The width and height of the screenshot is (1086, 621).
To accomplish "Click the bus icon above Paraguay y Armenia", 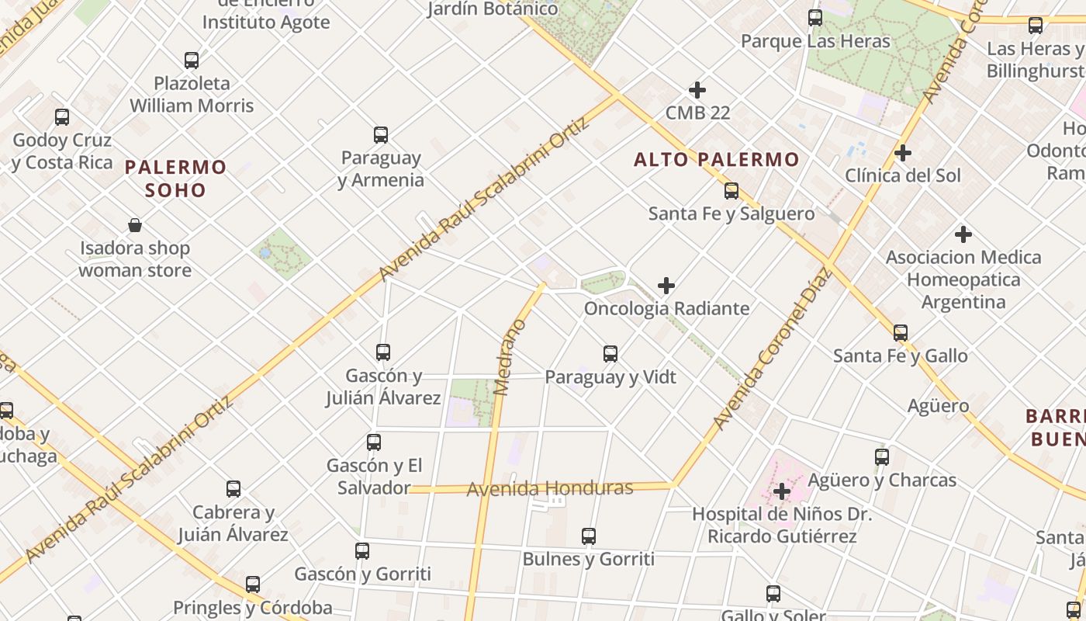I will point(380,135).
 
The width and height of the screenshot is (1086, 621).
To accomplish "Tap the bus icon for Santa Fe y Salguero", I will point(731,191).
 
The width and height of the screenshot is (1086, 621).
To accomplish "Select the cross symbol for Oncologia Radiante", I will point(666,286).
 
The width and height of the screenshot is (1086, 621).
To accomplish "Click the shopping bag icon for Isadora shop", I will point(135,226).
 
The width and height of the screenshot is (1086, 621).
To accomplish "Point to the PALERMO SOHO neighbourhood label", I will point(175,179).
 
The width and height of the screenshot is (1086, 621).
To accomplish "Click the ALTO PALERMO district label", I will point(716,160).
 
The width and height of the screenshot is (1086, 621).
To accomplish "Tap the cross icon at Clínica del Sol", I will point(902,153).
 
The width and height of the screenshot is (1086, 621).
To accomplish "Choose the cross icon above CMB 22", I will point(697,90).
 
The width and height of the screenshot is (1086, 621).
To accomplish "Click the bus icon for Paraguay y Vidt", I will point(610,354).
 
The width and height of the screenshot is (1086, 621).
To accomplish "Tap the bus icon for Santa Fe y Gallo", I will point(900,333).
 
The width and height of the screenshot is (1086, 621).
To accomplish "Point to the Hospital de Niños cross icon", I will point(781,491).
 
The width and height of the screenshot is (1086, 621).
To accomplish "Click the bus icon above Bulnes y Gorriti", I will point(588,536).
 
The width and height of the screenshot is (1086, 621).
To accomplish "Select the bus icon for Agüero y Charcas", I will point(881,457).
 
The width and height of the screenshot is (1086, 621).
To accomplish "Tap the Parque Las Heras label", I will point(815,41).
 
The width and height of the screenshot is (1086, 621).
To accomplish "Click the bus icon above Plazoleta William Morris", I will point(192,61).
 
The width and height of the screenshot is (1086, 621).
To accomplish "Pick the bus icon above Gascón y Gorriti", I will point(362,551).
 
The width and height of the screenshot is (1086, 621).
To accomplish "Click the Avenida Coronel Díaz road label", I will point(771,349).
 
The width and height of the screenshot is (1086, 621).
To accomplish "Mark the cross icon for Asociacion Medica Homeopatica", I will point(963,234).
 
